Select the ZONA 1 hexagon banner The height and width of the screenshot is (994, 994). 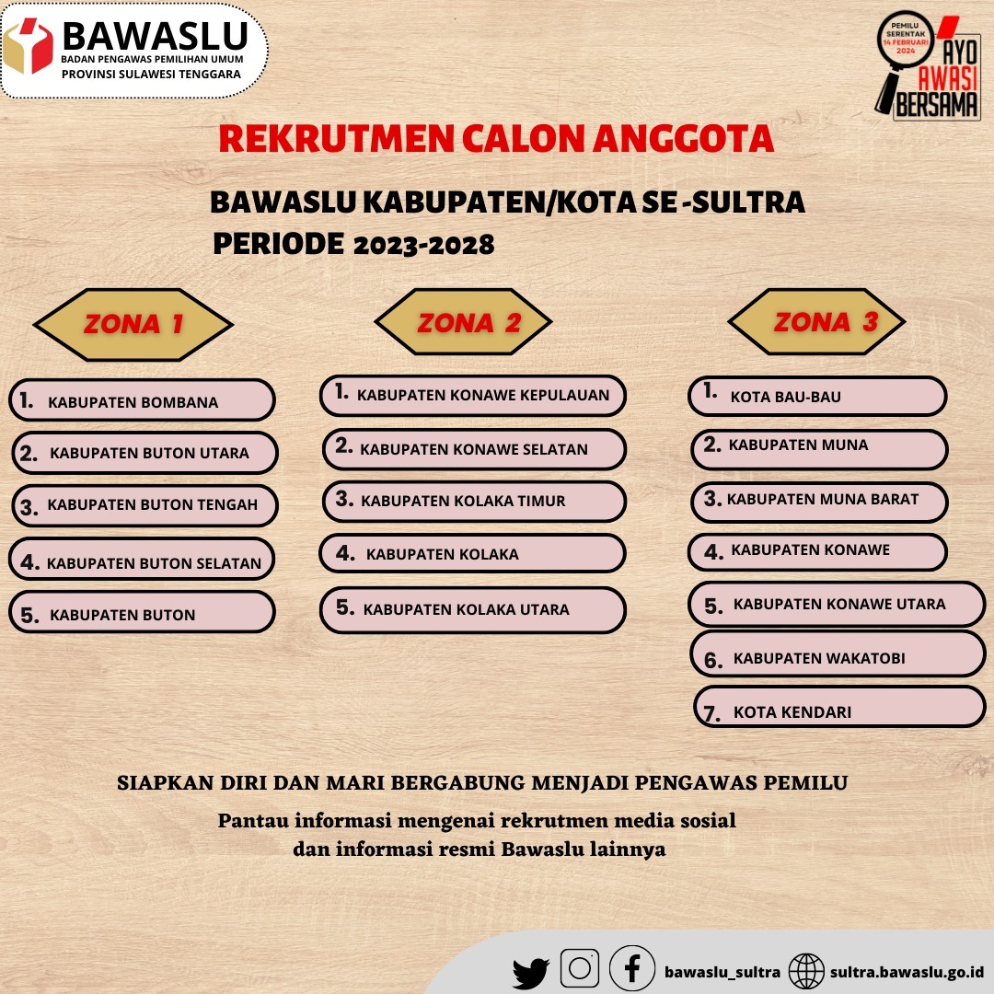point(133,324)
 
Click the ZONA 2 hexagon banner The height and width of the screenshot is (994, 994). point(464,322)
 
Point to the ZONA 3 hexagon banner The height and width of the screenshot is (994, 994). point(817,321)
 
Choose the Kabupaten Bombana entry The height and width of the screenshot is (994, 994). point(142,401)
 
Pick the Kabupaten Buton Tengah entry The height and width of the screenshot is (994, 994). point(144,505)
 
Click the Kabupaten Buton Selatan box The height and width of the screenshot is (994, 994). point(142,561)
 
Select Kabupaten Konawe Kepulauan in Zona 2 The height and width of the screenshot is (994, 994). point(473,396)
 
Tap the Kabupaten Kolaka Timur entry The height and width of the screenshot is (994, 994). point(474,502)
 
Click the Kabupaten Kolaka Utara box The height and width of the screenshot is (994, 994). point(473,609)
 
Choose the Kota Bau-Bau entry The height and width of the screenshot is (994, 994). point(817,397)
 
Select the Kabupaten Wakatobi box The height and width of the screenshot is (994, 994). point(838,657)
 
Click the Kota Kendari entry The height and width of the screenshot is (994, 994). point(838,710)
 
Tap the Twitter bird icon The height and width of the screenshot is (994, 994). point(531,972)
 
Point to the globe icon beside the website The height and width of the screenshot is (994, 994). point(807,971)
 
